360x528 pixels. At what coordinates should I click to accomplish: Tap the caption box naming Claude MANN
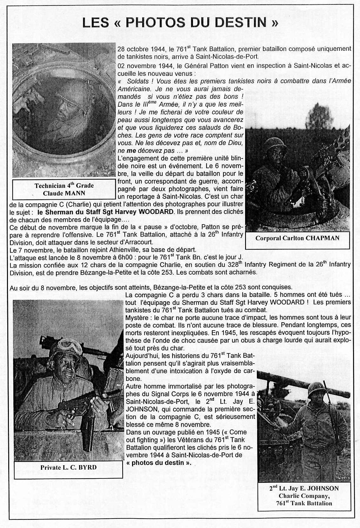pos(64,189)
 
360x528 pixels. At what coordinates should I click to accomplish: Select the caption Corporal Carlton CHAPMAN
pos(297,238)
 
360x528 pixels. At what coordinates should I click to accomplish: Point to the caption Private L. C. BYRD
pos(68,467)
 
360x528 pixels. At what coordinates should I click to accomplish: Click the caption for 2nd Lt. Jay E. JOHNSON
pos(304,496)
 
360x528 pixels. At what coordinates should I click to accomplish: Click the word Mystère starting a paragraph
pos(137,317)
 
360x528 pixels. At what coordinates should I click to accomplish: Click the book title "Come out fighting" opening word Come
pos(238,432)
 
